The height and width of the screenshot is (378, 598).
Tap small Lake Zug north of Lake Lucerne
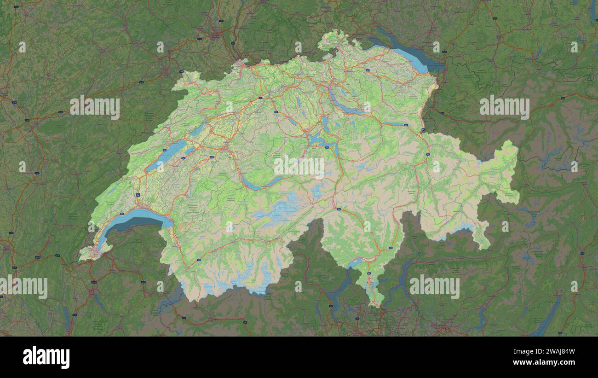(x=325, y=122)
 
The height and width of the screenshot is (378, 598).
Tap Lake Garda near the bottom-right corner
(x=547, y=318)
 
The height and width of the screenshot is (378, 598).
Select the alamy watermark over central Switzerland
(x=299, y=167)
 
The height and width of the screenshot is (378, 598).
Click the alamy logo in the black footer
(x=46, y=357)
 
